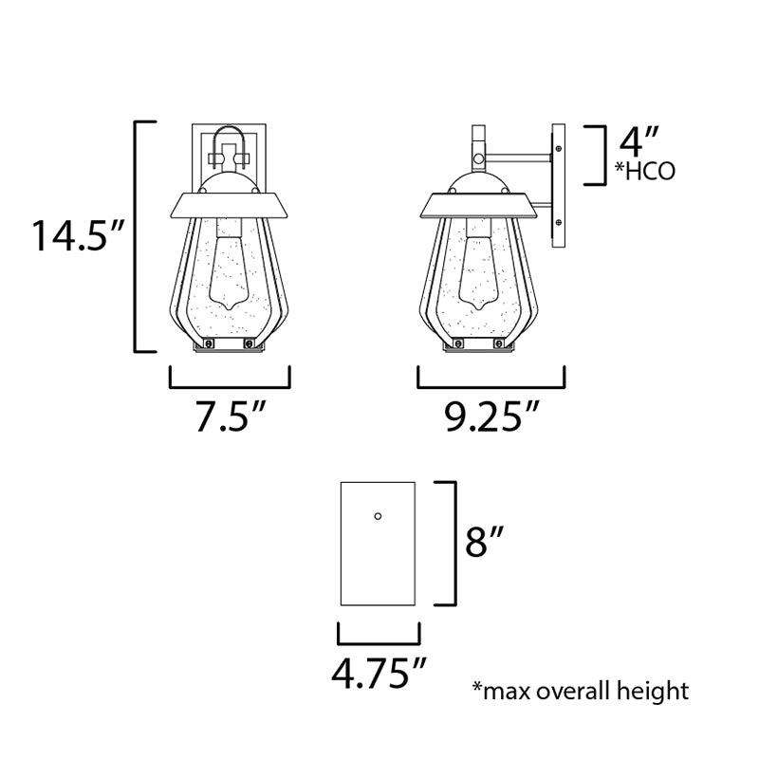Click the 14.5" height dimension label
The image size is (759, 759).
point(79,235)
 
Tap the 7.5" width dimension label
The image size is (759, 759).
point(230,416)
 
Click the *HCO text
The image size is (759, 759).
point(645,171)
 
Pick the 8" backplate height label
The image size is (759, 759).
point(485,542)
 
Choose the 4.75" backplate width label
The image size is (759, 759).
point(379,673)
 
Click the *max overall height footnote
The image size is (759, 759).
point(581,691)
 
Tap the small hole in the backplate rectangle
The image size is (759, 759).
point(378,516)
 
